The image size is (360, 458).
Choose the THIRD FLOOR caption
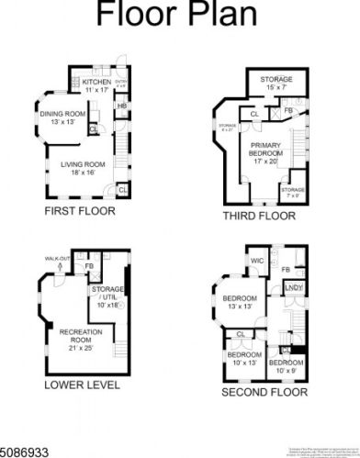260,217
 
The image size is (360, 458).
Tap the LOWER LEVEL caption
82,386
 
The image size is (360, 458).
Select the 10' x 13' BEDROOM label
244,360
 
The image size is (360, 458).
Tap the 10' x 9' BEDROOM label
285,367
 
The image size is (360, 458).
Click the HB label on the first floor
120,106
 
